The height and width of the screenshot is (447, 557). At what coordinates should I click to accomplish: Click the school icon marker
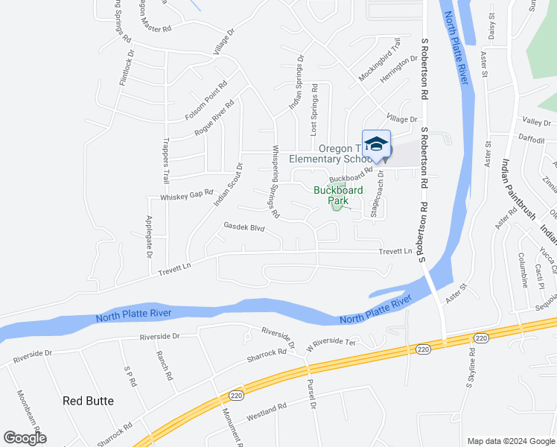(x=376, y=145)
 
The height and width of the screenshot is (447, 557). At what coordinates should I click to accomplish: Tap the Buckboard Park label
(x=338, y=195)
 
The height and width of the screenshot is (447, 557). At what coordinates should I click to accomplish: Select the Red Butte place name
(x=88, y=401)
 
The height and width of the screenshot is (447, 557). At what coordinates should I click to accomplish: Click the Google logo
(x=25, y=438)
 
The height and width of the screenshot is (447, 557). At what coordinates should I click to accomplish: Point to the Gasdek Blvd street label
(x=244, y=226)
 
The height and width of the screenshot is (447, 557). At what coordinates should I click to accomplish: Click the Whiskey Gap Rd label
(x=187, y=197)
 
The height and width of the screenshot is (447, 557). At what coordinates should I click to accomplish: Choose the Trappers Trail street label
(x=166, y=161)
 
